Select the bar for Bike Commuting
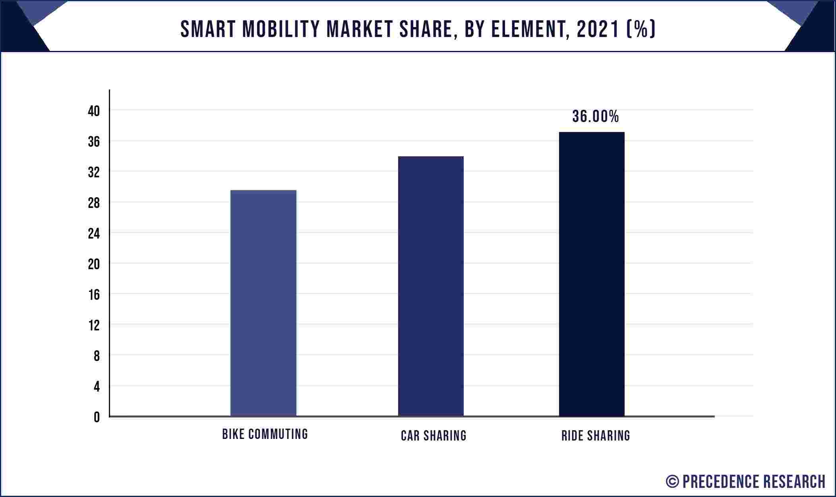(263, 303)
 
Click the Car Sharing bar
(431, 286)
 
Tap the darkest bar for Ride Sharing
(592, 274)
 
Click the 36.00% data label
(595, 116)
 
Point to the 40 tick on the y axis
(94, 111)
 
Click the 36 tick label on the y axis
(94, 142)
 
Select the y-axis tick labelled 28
(94, 203)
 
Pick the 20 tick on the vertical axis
(94, 264)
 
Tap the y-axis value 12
(94, 326)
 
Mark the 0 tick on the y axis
(97, 417)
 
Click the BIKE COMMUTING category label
(265, 434)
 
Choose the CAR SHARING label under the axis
(433, 436)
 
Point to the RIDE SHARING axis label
(596, 436)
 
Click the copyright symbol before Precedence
(672, 481)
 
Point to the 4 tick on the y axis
(97, 386)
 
